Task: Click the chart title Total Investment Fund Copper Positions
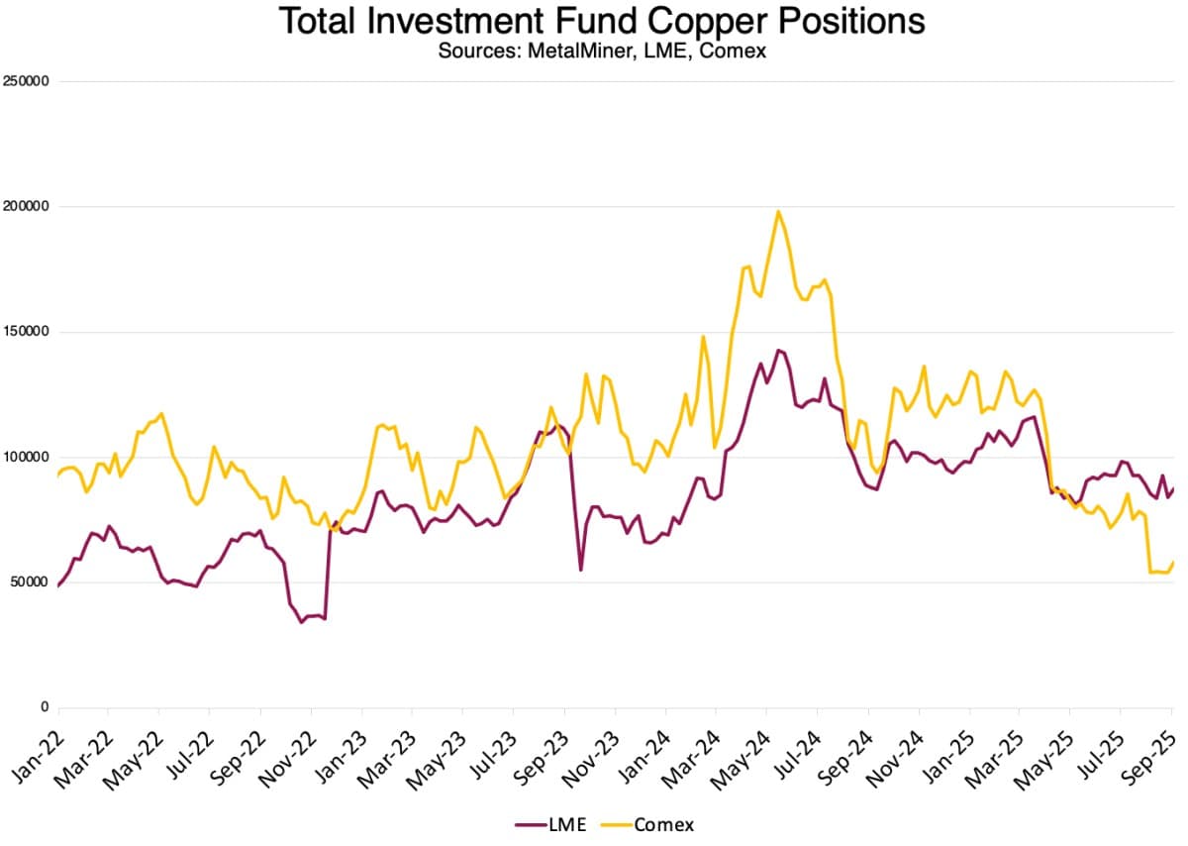(x=602, y=22)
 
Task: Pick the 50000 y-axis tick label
(x=30, y=582)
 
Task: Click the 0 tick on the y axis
(x=44, y=707)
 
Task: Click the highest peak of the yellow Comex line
(x=778, y=211)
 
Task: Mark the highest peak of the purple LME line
(x=778, y=350)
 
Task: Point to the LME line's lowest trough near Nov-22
(x=302, y=622)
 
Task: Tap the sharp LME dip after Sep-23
(x=581, y=570)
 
